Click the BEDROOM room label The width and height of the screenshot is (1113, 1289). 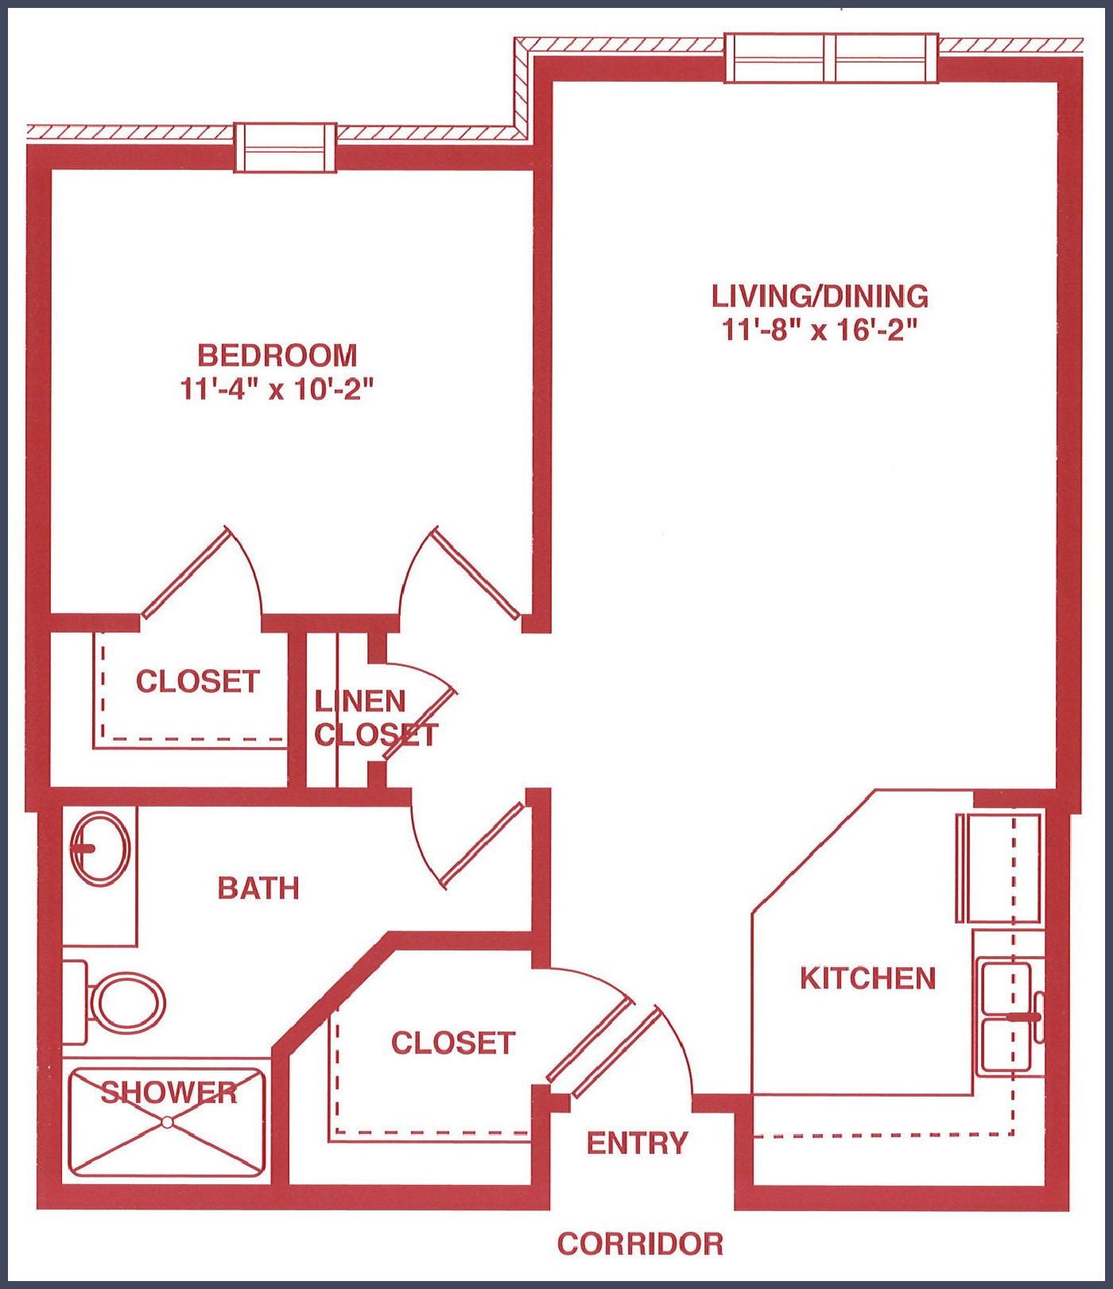277,354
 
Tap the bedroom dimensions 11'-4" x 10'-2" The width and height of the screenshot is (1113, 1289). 277,389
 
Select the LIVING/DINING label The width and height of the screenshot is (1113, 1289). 820,296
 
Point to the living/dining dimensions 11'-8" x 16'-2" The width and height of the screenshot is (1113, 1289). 820,329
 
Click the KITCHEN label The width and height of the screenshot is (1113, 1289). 867,978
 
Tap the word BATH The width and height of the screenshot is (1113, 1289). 258,888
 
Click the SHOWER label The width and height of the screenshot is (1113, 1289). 169,1093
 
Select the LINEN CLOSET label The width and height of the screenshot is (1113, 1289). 375,718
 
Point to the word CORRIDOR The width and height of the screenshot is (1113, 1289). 640,1244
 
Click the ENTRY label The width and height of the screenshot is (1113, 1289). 637,1143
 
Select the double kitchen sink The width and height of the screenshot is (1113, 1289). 1007,1017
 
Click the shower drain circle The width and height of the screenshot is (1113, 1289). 167,1122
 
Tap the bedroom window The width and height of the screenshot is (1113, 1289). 285,148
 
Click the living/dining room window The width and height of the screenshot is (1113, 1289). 832,58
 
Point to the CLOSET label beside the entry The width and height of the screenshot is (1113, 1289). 453,1043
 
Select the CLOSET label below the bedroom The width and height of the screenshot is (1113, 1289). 198,681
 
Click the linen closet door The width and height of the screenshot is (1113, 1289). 419,729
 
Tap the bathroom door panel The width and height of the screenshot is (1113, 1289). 481,845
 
